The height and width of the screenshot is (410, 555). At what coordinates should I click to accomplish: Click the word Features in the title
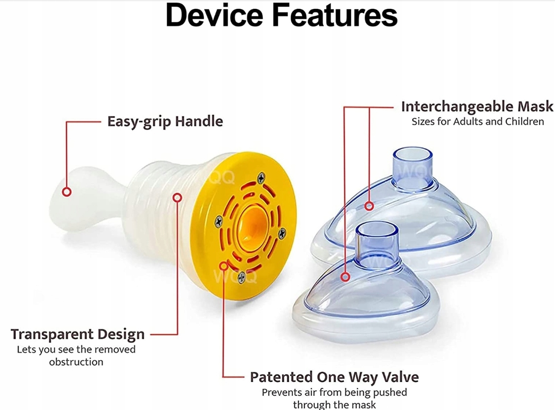click(335, 15)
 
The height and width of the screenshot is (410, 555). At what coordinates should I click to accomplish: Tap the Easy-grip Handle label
click(165, 121)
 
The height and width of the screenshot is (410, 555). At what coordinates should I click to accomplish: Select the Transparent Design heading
click(77, 334)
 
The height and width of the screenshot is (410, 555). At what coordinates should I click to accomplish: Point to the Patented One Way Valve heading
click(334, 377)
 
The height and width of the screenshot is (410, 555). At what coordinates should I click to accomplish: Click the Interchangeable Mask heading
click(477, 107)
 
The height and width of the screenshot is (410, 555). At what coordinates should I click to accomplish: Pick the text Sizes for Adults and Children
click(478, 122)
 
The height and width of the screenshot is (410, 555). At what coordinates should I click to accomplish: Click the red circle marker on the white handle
click(67, 192)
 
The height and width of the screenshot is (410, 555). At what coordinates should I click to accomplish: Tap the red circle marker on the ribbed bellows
click(177, 197)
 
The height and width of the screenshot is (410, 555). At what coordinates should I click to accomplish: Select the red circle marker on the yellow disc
click(223, 265)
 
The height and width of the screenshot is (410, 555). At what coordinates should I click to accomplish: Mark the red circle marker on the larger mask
click(369, 206)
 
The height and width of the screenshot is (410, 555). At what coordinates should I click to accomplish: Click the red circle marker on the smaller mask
click(345, 277)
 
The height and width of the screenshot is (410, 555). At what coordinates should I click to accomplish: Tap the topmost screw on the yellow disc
click(261, 178)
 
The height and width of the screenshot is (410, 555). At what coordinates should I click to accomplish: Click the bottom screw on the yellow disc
click(241, 278)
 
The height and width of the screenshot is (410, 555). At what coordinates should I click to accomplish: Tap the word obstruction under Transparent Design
click(76, 362)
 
